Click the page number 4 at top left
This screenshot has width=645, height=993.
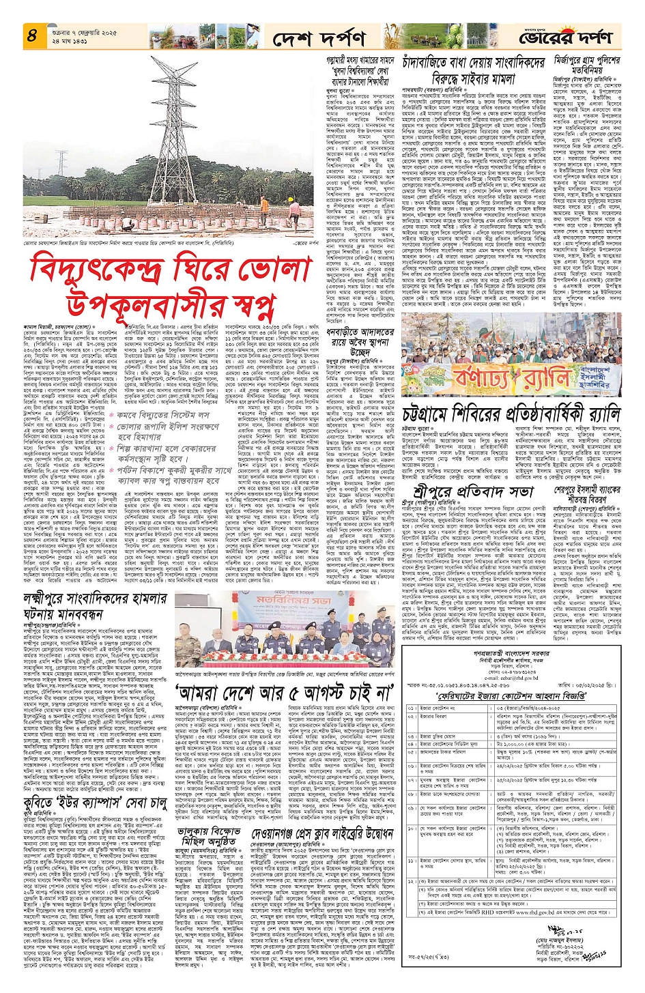coord(32,35)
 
